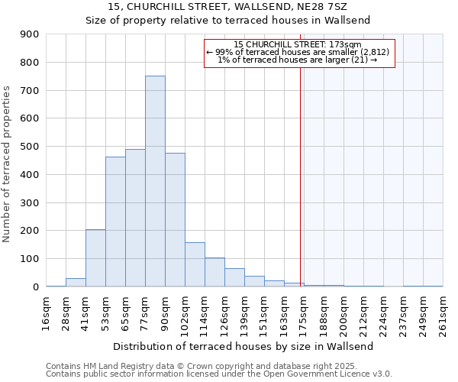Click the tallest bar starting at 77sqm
click(x=155, y=181)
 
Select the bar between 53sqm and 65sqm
click(x=115, y=222)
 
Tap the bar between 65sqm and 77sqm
click(x=135, y=218)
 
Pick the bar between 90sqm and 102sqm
click(x=175, y=220)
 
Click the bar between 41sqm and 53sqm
click(x=95, y=258)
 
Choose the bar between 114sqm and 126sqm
click(x=214, y=272)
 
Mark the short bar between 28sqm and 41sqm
click(x=76, y=282)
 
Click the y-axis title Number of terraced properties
click(x=7, y=164)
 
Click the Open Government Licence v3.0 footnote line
click(x=219, y=374)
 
